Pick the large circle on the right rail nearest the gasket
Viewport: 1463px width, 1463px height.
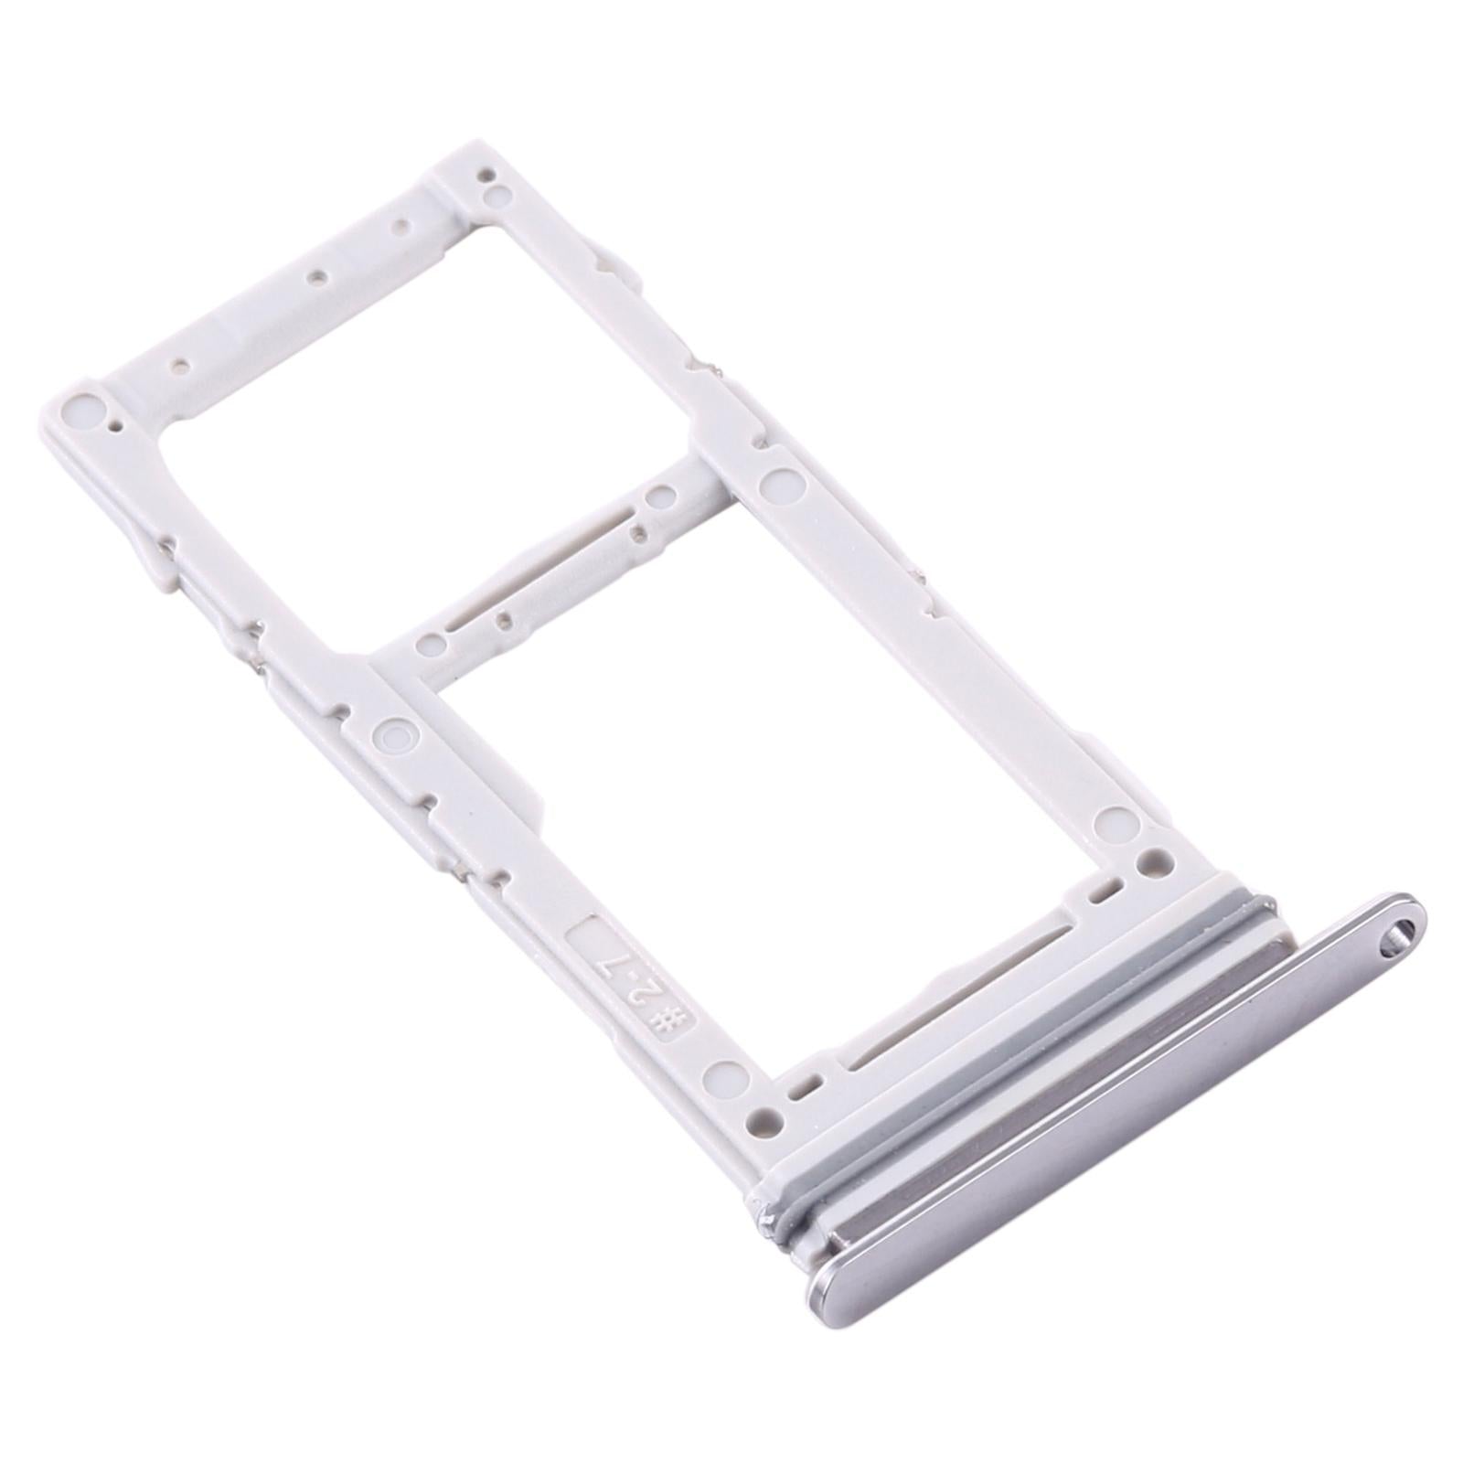(1113, 817)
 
